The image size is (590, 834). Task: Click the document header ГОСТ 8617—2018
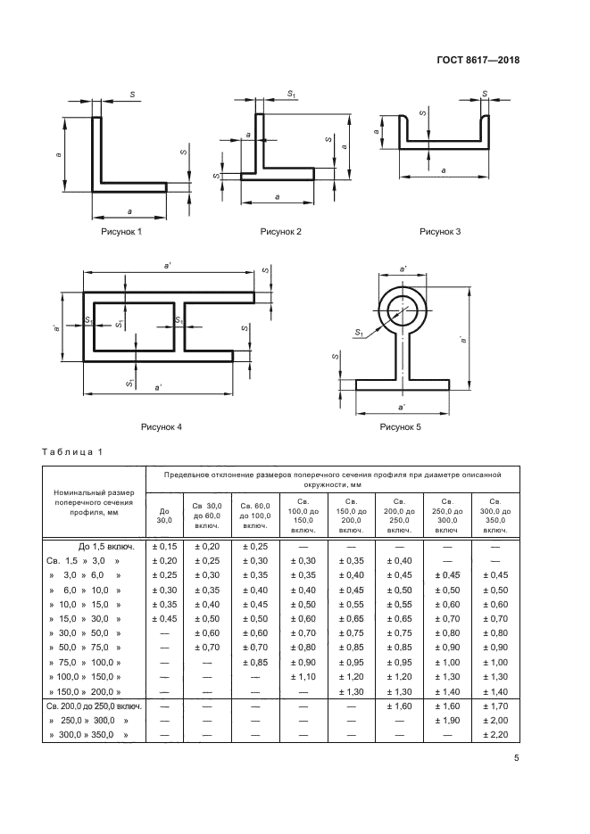point(478,60)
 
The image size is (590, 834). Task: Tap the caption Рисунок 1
point(121,232)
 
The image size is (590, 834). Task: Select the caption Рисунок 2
point(280,232)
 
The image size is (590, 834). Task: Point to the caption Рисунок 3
point(440,232)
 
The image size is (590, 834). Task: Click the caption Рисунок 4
point(162,427)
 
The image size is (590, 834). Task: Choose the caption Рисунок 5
point(400,427)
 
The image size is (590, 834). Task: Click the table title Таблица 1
point(71,452)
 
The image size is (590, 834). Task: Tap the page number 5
point(516,758)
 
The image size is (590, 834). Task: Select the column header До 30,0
point(164,516)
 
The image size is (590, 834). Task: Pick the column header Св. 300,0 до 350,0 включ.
point(495,516)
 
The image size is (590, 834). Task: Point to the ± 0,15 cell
point(164,546)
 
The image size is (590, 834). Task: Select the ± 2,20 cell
point(495,735)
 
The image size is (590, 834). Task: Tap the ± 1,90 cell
point(447,721)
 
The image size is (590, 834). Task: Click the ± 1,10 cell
point(303,677)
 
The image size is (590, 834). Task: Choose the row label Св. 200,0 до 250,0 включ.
point(94,706)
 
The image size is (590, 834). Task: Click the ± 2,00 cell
point(495,721)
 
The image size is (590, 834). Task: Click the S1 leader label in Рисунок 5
point(359,333)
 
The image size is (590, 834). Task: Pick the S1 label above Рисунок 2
point(292,95)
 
